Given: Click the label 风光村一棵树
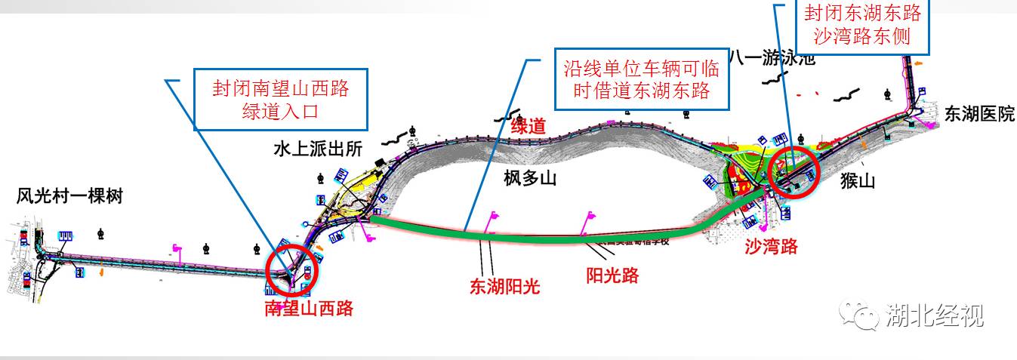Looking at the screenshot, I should tap(69, 198).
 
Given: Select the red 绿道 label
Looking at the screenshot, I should tap(529, 126).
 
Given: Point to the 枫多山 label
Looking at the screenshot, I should tap(530, 178).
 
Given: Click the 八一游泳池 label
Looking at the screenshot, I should tap(772, 59).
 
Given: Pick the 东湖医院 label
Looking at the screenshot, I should tap(979, 114).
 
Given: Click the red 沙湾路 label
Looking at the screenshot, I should tap(771, 246).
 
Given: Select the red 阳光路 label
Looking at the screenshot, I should tap(612, 275).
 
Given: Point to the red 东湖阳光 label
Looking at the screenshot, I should tap(505, 287).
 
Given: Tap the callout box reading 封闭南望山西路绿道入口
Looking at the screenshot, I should tap(280, 100).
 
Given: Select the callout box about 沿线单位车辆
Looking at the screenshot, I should tap(641, 80).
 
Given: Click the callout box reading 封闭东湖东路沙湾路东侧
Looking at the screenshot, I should tap(864, 26).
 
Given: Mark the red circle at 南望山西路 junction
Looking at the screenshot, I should tap(293, 270).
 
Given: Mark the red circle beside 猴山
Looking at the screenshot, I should tap(793, 171).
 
